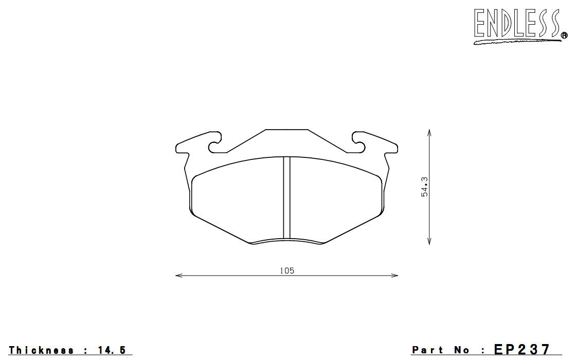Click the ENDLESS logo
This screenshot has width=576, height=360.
click(x=520, y=25)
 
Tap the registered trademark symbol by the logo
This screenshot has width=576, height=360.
click(x=564, y=35)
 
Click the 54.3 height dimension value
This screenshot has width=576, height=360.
click(x=425, y=187)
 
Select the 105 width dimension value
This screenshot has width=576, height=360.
click(x=287, y=271)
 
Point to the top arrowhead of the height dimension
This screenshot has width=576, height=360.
click(x=429, y=132)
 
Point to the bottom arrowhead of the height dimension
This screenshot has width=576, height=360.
click(x=429, y=241)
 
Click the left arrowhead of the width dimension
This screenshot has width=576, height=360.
click(x=179, y=275)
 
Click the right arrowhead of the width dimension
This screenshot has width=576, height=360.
click(x=394, y=275)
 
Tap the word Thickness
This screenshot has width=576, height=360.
click(x=41, y=350)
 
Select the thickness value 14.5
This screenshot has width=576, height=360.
click(x=112, y=350)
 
